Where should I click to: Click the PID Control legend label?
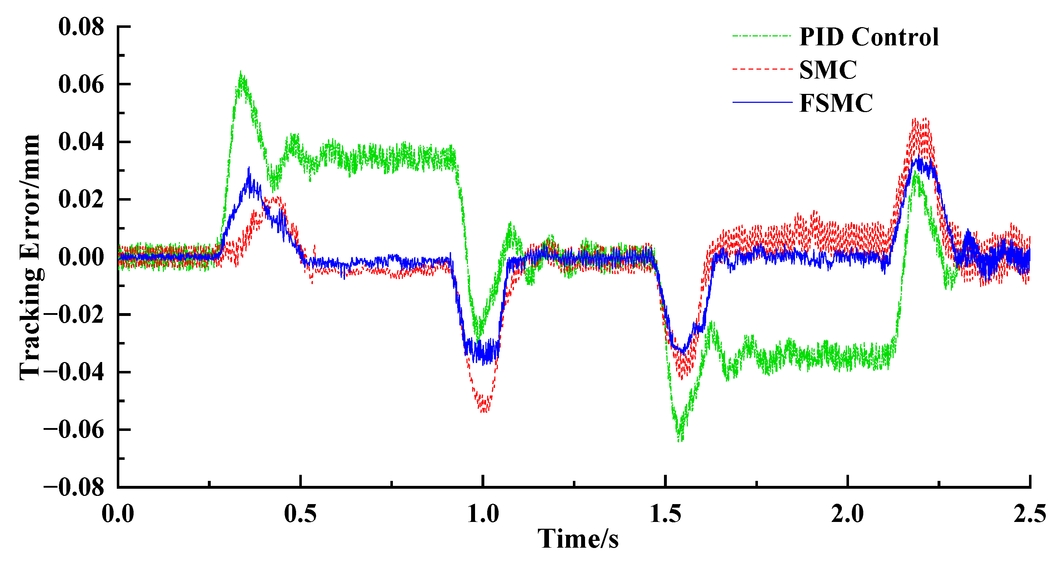869,37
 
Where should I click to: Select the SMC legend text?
828,70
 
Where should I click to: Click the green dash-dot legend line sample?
761,36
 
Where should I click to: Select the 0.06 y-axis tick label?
81,85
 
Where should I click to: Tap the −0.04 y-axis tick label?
74,372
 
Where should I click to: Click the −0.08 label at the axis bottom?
74,488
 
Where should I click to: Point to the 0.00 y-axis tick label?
81,257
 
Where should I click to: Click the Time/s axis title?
578,539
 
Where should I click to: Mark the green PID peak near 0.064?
241,73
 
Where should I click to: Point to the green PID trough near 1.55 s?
680,440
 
